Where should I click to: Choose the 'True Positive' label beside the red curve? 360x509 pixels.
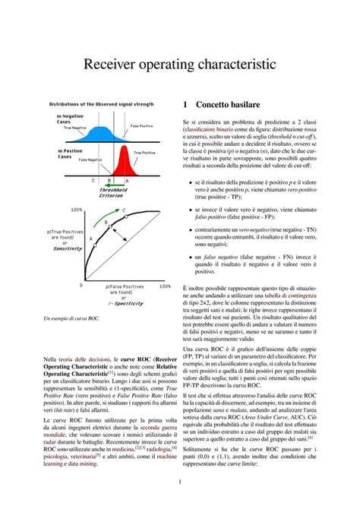(144, 153)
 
